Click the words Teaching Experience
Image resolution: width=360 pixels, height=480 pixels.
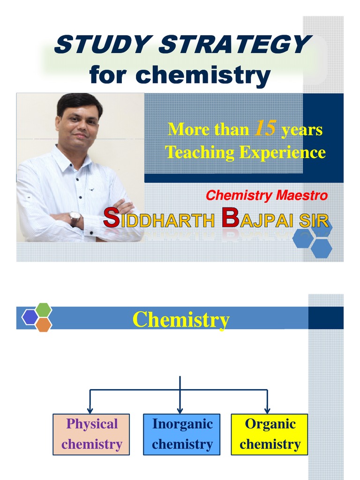pos(245,152)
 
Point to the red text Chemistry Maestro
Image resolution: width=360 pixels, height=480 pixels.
pos(267,195)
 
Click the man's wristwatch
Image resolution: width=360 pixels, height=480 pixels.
pos(75,218)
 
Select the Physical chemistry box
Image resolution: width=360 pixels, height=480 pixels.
pos(91,434)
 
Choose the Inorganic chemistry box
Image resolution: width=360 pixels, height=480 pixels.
pos(181,434)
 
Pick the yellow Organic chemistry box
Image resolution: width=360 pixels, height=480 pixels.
pos(270,434)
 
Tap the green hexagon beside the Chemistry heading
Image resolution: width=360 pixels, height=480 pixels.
pos(44,310)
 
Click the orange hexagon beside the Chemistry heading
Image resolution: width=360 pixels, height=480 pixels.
pos(44,324)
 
